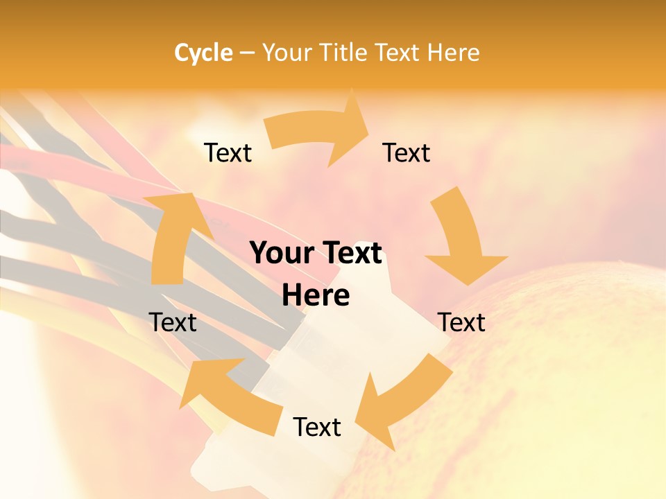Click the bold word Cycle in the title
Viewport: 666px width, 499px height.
[203, 53]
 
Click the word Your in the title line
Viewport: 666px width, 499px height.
[287, 53]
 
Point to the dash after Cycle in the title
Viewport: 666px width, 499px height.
[247, 53]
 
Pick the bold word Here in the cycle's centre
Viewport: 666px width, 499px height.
[316, 296]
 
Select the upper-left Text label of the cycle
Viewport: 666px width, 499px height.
[228, 152]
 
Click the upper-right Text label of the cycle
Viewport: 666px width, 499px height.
[407, 152]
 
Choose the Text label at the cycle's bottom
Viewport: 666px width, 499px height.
[317, 427]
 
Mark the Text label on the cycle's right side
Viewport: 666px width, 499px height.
[461, 322]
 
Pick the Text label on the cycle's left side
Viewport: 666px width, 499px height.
[173, 322]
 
